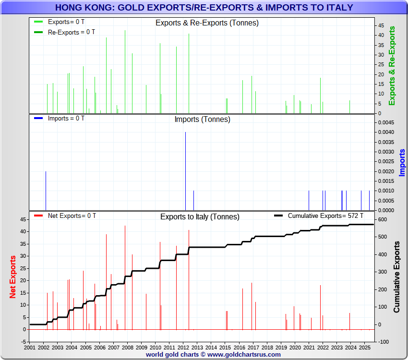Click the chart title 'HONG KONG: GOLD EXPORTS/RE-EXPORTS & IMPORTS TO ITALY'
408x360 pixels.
(204, 8)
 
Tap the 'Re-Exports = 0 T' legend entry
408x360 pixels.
(71, 32)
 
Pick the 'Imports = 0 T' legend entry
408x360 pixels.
(66, 118)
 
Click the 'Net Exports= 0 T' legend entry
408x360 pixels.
(72, 216)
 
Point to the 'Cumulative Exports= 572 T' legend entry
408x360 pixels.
(325, 216)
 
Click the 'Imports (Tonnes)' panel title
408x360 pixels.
(202, 120)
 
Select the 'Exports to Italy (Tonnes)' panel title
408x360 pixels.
(200, 217)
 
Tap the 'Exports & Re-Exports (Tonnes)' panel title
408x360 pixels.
(207, 23)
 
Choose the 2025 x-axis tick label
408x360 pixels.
(365, 347)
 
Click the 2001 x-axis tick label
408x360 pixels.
(30, 347)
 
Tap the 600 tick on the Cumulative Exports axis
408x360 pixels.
(383, 220)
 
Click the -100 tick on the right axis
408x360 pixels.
(384, 342)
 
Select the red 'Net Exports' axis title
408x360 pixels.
(13, 276)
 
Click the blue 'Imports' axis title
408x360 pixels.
(402, 162)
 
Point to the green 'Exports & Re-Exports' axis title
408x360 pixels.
(392, 66)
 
